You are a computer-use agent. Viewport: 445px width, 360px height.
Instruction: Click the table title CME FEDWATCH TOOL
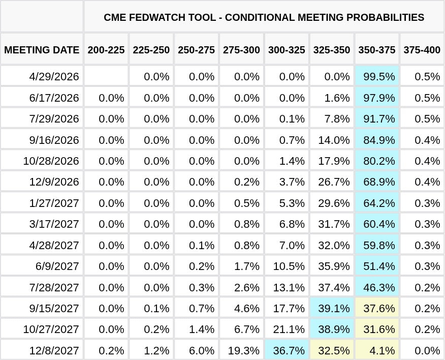264,17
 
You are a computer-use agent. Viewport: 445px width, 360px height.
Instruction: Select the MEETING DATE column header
42,50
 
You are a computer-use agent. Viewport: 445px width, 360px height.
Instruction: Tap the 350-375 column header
377,50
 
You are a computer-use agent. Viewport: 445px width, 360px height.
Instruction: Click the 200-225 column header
106,50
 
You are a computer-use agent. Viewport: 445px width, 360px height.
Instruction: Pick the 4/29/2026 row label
54,76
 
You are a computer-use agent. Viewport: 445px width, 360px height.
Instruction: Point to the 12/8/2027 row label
54,350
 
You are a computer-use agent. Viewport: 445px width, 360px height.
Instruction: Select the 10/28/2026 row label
51,161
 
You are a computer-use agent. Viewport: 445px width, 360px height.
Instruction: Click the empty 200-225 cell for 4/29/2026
106,76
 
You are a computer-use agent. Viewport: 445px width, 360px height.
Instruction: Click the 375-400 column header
422,50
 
